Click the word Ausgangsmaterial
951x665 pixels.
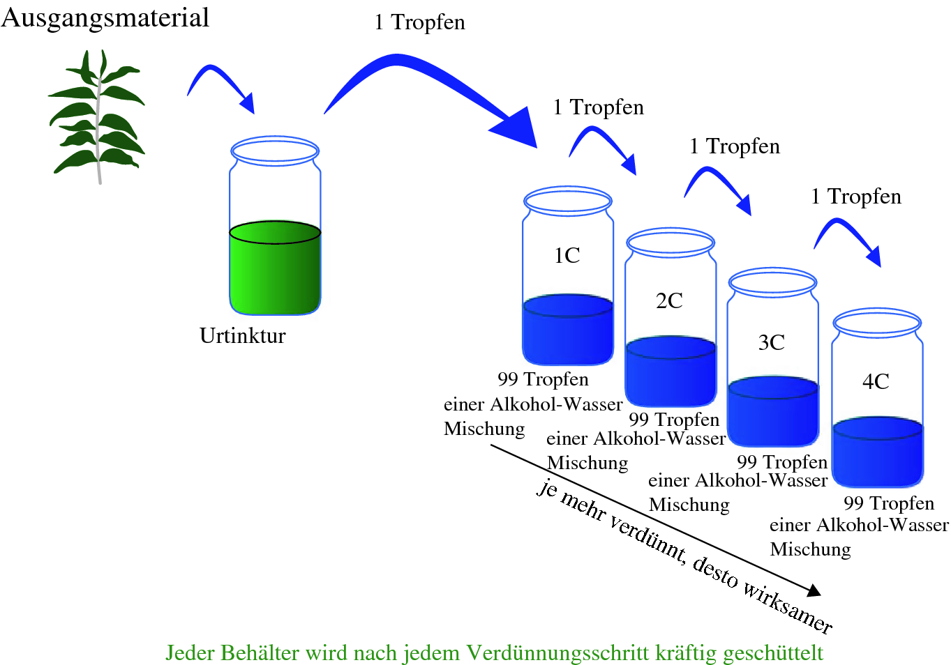(x=105, y=17)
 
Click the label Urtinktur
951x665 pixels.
(x=242, y=336)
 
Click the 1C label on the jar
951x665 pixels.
(x=567, y=256)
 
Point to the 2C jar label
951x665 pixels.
(x=669, y=300)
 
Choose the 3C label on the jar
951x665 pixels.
(x=771, y=342)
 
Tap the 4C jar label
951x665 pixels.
(x=876, y=381)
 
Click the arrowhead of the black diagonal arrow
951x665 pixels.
(x=814, y=590)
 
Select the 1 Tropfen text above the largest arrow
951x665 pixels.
(x=419, y=22)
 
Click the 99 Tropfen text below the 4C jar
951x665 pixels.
(x=888, y=503)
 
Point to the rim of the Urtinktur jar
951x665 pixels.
(x=275, y=150)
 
